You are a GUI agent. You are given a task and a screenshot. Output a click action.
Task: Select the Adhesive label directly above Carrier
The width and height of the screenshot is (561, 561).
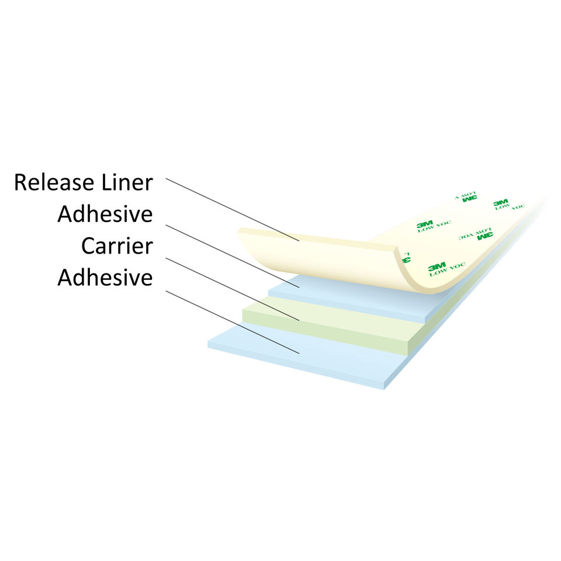105,214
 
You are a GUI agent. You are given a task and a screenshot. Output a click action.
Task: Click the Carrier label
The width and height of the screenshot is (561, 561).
117,246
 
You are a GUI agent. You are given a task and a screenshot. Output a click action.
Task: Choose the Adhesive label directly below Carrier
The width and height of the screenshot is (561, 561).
105,278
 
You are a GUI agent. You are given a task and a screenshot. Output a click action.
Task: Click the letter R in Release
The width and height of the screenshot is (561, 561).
20,182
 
